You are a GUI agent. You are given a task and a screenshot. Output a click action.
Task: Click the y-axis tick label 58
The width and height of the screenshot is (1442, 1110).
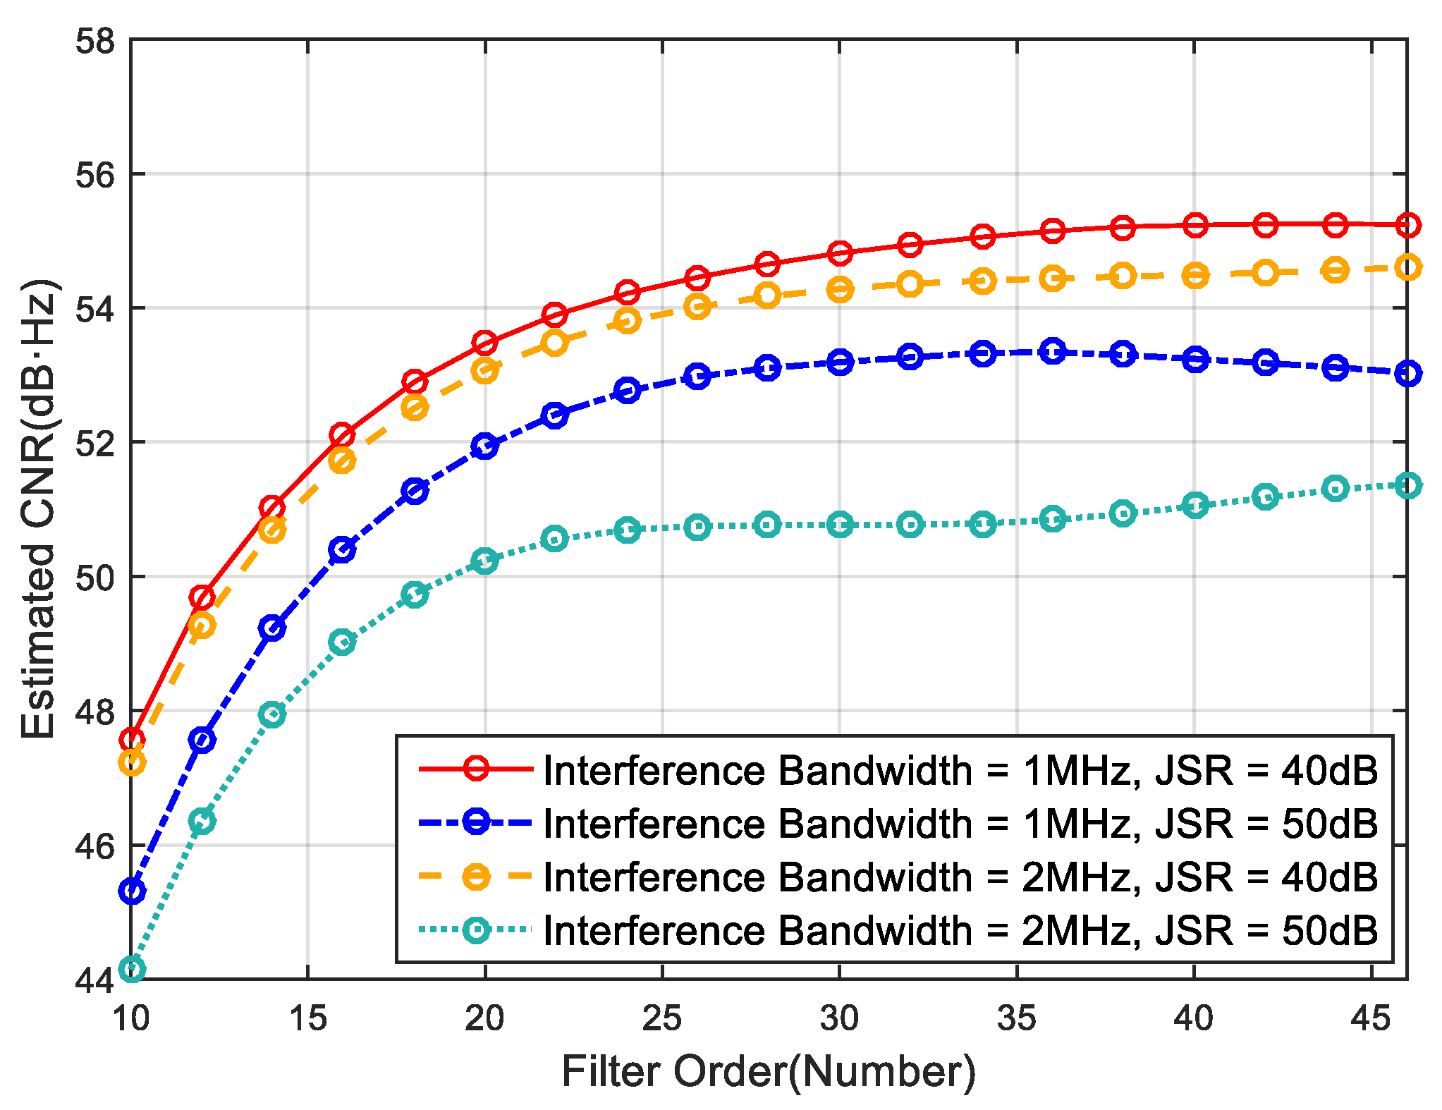click(94, 41)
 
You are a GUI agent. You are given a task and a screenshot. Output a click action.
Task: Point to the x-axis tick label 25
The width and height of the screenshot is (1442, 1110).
click(662, 1018)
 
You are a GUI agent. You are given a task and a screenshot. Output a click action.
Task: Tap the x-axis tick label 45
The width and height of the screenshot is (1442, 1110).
click(1371, 1018)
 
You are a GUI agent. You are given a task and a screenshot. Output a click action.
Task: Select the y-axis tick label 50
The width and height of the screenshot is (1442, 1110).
click(94, 578)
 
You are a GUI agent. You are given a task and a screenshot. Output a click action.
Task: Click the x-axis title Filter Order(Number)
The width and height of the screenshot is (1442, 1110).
click(769, 1072)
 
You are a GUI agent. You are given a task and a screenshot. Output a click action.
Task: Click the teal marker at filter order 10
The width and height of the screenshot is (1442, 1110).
click(132, 969)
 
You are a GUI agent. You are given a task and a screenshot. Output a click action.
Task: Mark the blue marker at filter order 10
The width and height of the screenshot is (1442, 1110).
click(132, 891)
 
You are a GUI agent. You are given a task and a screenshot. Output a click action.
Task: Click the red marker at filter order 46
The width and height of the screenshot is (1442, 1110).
click(1407, 225)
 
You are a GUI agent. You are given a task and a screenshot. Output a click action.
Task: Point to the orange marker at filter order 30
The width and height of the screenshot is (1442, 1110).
click(840, 289)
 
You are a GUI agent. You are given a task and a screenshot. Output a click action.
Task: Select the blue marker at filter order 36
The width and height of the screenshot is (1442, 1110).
click(1053, 350)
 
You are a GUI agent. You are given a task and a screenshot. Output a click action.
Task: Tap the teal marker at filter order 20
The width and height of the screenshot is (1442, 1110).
click(485, 561)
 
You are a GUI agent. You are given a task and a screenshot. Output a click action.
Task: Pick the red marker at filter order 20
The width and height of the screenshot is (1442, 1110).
click(485, 343)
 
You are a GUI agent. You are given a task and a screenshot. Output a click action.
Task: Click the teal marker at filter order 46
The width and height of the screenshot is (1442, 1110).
click(1407, 485)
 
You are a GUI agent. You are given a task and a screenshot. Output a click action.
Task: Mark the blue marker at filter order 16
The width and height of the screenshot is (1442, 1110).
click(343, 549)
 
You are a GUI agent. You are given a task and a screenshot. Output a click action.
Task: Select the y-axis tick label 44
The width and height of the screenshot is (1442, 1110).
click(94, 980)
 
